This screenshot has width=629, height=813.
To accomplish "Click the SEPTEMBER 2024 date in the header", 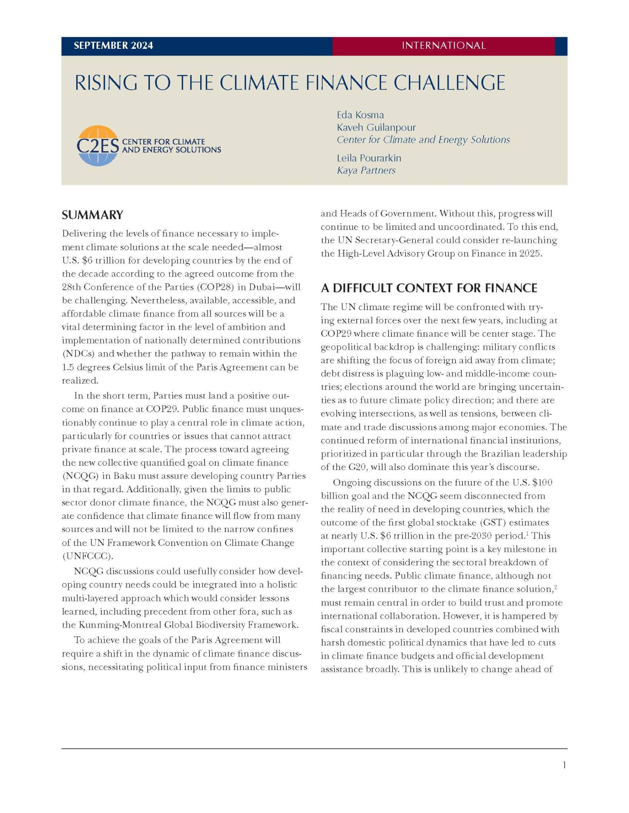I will click(113, 46).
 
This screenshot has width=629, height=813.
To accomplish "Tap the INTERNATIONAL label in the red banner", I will click(443, 46).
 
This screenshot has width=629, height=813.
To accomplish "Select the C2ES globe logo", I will click(97, 146).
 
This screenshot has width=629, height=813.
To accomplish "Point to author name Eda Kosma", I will click(360, 115).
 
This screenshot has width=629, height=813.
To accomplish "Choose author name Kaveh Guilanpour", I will click(376, 127).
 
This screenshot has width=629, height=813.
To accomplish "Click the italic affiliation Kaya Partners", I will click(366, 170).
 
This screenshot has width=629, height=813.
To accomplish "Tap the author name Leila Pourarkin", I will click(369, 158).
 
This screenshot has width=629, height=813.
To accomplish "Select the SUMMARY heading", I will click(92, 215).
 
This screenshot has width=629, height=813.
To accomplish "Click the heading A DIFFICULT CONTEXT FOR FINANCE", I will click(429, 288).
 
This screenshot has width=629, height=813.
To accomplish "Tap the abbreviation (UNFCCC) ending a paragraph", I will click(87, 556).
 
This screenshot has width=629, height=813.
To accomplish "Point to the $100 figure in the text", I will click(542, 483).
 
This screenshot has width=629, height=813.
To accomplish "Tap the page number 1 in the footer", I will click(564, 765).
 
